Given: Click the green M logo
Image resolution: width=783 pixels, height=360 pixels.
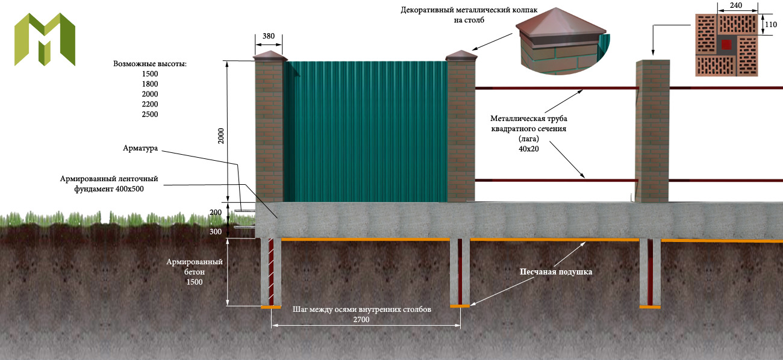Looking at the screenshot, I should [x=45, y=39].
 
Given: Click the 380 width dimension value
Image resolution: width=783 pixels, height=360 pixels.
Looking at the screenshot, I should [x=269, y=36].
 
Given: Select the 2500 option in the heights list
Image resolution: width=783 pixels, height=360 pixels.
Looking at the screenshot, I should [x=150, y=114].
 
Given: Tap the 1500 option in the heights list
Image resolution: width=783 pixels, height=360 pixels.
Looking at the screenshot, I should [x=150, y=73].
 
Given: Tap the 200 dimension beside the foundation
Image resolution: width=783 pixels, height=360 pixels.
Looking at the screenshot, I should [x=216, y=213].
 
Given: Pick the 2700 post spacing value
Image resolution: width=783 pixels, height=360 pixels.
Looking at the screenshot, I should [x=361, y=320].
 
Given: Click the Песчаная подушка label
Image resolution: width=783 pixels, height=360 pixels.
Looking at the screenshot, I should [x=556, y=272].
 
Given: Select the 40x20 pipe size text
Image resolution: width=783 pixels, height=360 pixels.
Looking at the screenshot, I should [x=528, y=149].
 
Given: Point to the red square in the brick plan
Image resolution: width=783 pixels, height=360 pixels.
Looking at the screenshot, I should [x=727, y=44].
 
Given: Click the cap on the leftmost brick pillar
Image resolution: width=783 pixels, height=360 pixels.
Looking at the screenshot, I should [x=269, y=57].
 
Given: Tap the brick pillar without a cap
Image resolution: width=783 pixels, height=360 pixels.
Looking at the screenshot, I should [x=652, y=129].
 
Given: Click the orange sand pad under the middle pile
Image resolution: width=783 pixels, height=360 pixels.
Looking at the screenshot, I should [x=460, y=306].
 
